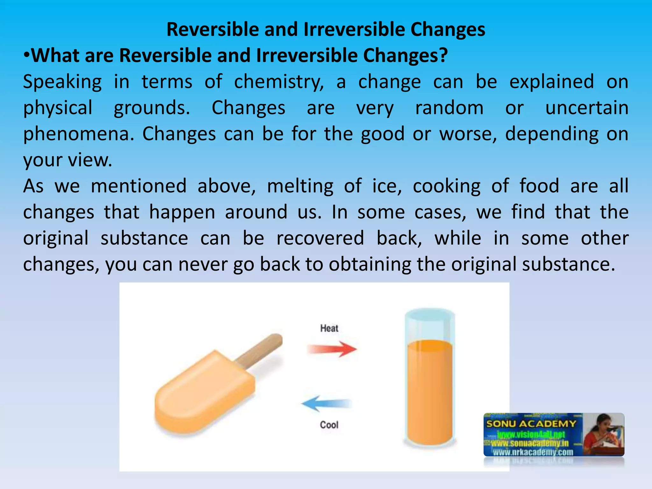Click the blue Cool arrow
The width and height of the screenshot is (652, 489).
click(326, 404)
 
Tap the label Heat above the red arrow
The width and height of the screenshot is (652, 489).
click(329, 328)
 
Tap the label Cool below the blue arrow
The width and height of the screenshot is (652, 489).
click(329, 425)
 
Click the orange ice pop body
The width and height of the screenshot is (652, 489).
click(204, 395)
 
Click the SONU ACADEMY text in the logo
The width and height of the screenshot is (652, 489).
click(531, 424)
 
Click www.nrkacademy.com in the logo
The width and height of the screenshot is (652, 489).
click(533, 452)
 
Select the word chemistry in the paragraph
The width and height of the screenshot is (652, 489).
click(279, 82)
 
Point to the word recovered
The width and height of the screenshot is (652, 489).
click(320, 238)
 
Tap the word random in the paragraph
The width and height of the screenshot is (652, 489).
click(449, 108)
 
